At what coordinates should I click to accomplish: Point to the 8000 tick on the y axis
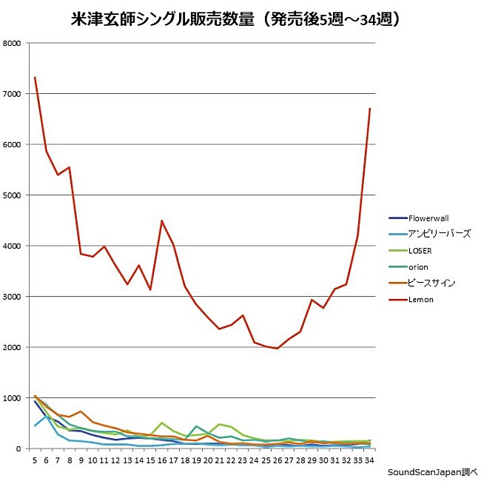click(x=13, y=43)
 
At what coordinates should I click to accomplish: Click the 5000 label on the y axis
click(x=13, y=195)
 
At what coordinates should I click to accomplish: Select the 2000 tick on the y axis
click(x=13, y=348)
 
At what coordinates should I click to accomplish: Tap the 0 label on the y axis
click(x=19, y=449)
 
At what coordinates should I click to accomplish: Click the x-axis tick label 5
click(x=35, y=460)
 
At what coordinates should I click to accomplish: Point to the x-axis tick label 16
click(x=161, y=460)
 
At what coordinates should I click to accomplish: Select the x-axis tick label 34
click(x=369, y=460)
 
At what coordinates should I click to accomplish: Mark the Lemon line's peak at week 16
click(x=161, y=221)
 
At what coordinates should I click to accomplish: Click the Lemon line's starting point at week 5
click(x=35, y=78)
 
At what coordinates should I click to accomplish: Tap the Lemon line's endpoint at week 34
click(x=369, y=109)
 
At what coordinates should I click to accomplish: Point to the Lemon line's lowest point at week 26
click(x=277, y=349)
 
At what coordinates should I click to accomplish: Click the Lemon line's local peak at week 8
click(x=70, y=167)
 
